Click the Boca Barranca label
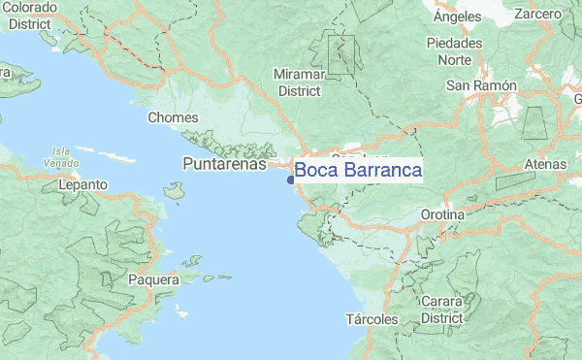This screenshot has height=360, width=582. pyautogui.click(x=358, y=171)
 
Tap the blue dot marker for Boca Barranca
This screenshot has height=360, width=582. pyautogui.click(x=291, y=179)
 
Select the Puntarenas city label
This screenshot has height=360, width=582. pyautogui.click(x=223, y=165)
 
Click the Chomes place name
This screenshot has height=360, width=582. pyautogui.click(x=173, y=118)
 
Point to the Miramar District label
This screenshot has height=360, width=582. pyautogui.click(x=299, y=82)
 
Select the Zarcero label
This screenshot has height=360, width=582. pyautogui.click(x=538, y=15)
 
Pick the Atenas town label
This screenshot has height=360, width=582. pyautogui.click(x=545, y=165)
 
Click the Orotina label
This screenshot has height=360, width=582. pyautogui.click(x=443, y=213)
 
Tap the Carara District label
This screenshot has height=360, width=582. pyautogui.click(x=442, y=310)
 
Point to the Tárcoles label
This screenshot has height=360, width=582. pyautogui.click(x=372, y=319)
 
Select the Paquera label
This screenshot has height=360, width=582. pyautogui.click(x=153, y=280)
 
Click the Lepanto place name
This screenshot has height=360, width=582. pyautogui.click(x=82, y=184)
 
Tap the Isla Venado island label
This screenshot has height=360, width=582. pyautogui.click(x=61, y=156)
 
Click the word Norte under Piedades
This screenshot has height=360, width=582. pyautogui.click(x=455, y=59)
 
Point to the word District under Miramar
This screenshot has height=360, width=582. pyautogui.click(x=299, y=90)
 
